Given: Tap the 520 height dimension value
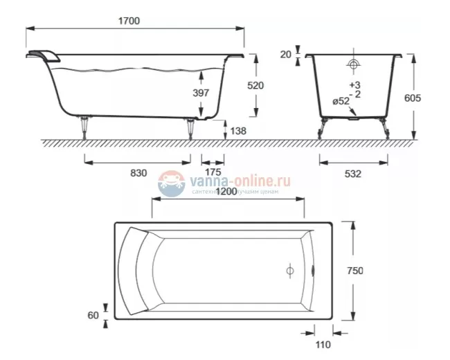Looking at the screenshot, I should click(275, 84).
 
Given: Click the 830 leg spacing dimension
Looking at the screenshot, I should click(138, 173).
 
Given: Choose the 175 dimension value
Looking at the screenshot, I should click(213, 173).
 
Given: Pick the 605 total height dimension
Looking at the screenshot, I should click(431, 98).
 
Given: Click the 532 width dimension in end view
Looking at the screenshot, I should click(352, 174).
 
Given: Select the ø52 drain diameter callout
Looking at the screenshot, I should click(341, 101).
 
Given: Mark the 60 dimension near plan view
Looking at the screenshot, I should click(93, 315).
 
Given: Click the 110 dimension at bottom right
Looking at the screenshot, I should click(323, 344).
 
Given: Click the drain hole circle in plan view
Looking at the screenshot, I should click(290, 271).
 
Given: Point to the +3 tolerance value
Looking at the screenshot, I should click(354, 84).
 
